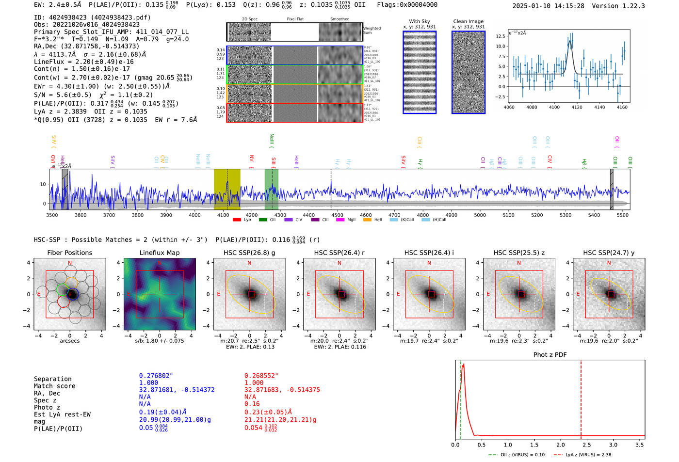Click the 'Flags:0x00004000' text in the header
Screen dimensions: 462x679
(407, 5)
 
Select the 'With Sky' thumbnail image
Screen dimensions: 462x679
(420, 72)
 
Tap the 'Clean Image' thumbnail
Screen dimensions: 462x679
(469, 72)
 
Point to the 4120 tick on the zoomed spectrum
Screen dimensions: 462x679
(577, 107)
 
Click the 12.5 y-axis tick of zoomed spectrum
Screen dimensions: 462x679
(501, 36)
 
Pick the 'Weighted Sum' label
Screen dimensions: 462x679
(372, 31)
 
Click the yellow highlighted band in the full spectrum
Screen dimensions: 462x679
(227, 189)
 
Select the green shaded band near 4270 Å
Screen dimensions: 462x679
(271, 189)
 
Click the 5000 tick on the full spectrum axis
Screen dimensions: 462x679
(480, 215)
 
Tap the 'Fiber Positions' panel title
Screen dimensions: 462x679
(69, 253)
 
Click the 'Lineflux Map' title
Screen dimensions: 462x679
(160, 253)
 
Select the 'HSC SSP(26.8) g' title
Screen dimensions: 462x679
(249, 253)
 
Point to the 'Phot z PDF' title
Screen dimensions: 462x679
(550, 355)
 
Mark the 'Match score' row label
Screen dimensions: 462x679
(54, 386)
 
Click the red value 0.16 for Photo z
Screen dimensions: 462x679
(252, 404)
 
